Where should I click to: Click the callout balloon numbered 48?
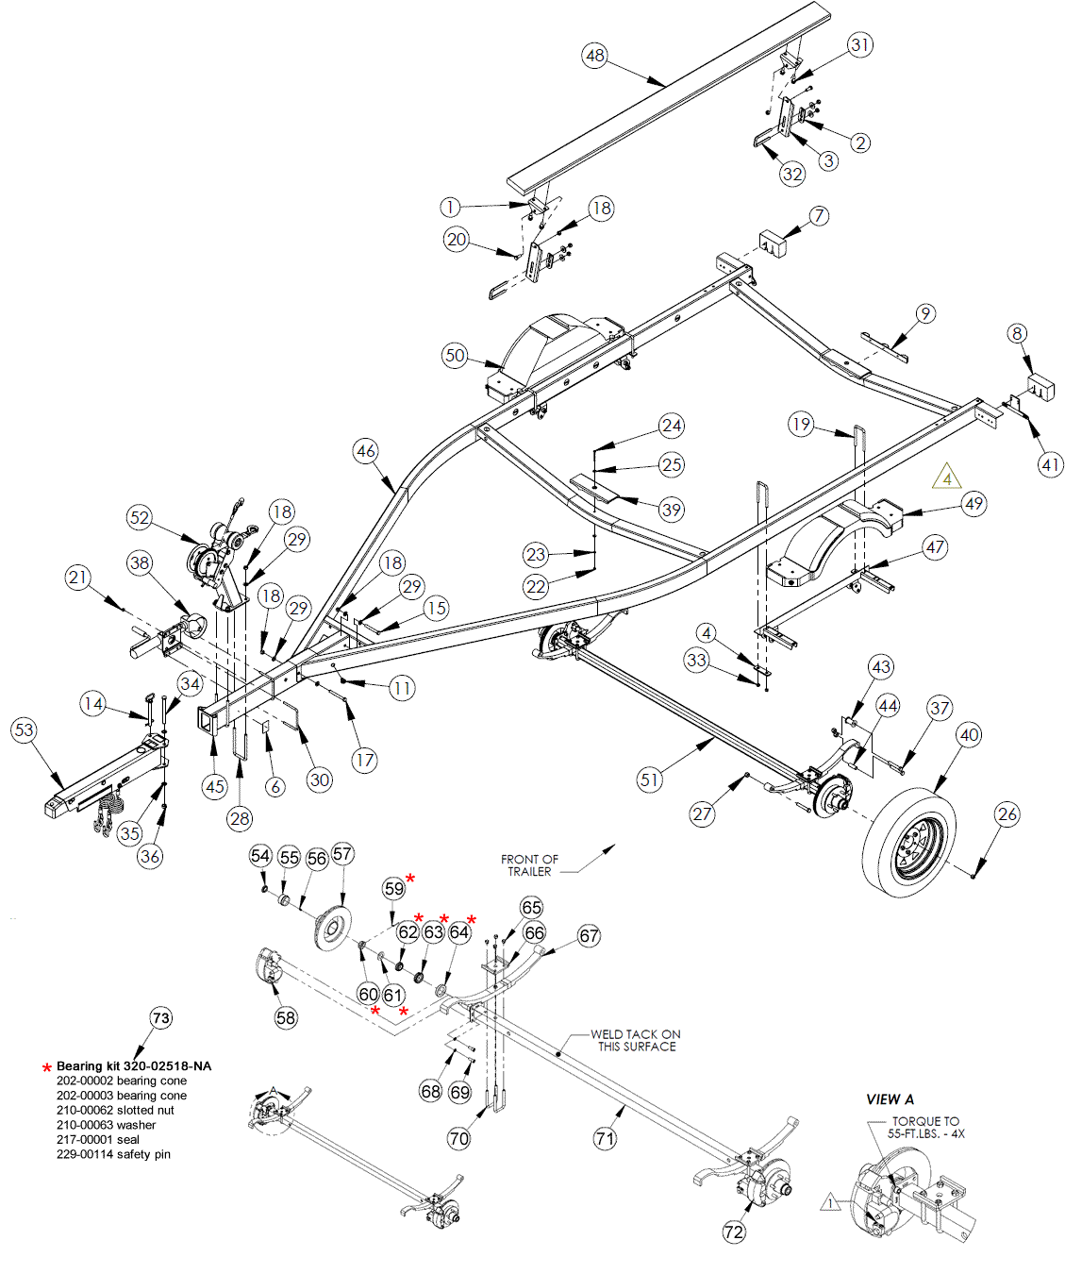point(594,56)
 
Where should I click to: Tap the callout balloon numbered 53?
point(25,729)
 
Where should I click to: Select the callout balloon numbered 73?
point(161,1018)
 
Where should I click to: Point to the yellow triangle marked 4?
point(947,478)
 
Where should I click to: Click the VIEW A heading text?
point(890,1099)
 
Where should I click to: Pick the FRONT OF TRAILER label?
point(529,865)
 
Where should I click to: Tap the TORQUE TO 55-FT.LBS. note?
point(925,1127)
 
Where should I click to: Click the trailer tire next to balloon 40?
point(909,842)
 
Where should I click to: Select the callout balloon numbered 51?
point(649,779)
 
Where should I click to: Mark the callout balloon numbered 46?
point(366,451)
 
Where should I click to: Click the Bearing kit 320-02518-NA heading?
point(134,1066)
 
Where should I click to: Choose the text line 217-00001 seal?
point(98,1140)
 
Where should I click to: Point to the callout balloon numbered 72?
point(734,1232)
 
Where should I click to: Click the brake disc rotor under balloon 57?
point(332,929)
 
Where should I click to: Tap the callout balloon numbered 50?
point(455,356)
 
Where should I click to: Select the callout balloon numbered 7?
point(819,216)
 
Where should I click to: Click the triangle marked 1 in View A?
point(831,1202)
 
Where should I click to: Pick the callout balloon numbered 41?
point(1051,464)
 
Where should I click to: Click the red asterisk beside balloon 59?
point(410,880)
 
